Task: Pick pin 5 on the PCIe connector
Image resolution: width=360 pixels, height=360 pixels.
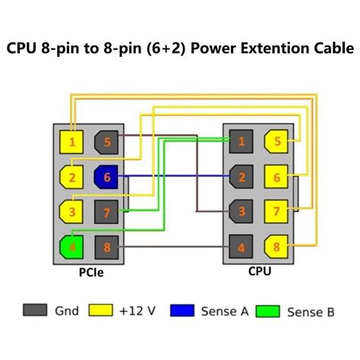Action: tap(106, 141)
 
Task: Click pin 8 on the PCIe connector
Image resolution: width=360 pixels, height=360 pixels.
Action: tap(106, 246)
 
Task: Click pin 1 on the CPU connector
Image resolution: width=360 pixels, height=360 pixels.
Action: tap(241, 141)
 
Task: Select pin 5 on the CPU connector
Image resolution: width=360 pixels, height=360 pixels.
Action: tap(276, 141)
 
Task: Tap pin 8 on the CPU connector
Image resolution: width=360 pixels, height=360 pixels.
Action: tap(276, 246)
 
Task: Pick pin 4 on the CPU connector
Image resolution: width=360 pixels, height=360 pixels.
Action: tap(241, 246)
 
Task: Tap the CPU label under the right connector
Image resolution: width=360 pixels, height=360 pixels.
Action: tap(259, 270)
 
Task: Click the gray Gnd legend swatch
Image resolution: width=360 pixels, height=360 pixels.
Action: tap(32, 311)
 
